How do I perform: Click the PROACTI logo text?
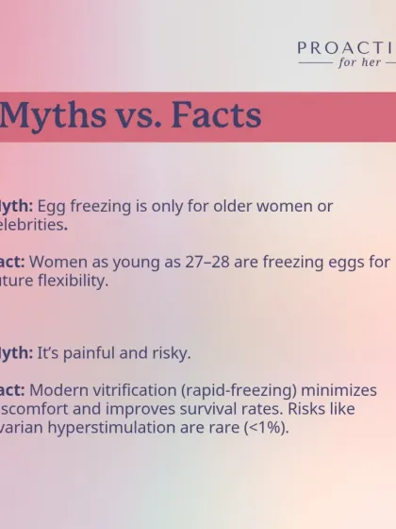click(346, 48)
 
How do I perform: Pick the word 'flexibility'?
click(72, 281)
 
